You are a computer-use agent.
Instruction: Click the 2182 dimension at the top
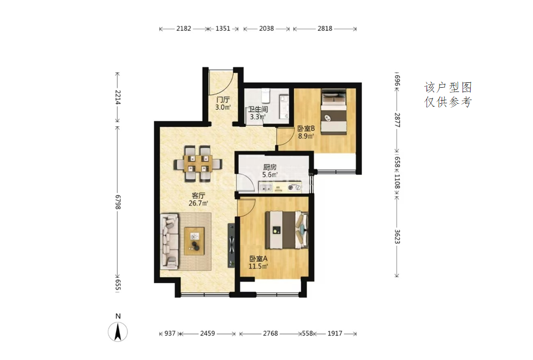(183, 29)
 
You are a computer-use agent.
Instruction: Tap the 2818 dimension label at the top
(325, 29)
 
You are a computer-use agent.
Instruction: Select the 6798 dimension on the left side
(118, 202)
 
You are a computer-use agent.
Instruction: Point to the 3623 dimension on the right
(397, 237)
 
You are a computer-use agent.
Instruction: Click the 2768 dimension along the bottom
(270, 334)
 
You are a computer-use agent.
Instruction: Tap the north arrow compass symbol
(118, 331)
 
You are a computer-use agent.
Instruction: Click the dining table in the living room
(198, 164)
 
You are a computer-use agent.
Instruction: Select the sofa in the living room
(169, 241)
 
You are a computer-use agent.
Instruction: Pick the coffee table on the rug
(195, 241)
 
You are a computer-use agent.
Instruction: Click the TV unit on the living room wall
(231, 244)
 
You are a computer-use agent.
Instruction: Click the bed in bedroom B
(334, 112)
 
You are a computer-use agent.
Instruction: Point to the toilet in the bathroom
(265, 96)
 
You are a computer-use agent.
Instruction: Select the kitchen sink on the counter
(266, 187)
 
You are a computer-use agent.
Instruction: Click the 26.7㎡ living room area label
(198, 203)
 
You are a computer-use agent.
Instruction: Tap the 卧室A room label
(258, 258)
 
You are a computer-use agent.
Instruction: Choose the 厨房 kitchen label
(269, 167)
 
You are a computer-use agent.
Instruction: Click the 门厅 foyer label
(223, 100)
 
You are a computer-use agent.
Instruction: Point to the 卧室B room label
(306, 129)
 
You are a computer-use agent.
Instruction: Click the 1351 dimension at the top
(223, 29)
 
